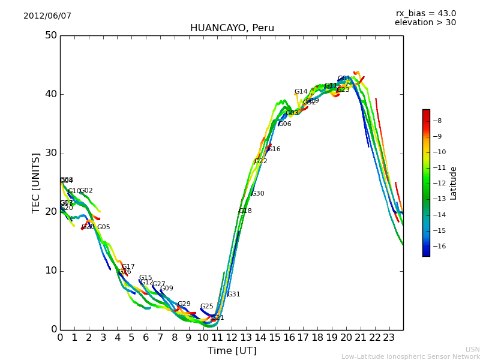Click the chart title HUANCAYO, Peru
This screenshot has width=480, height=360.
click(x=232, y=28)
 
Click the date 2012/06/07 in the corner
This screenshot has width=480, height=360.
click(x=47, y=16)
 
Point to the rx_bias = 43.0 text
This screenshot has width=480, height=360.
click(x=425, y=14)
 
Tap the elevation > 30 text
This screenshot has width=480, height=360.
click(x=425, y=23)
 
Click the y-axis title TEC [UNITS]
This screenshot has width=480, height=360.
click(x=36, y=182)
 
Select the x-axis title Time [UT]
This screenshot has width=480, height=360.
click(x=232, y=351)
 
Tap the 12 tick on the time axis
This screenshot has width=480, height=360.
click(x=232, y=338)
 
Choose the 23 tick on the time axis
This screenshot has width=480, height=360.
click(x=389, y=338)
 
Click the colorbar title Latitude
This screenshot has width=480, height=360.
click(x=454, y=183)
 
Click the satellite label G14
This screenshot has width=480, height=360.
click(x=301, y=92)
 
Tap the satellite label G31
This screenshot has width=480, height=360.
click(x=233, y=295)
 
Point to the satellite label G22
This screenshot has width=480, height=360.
click(x=261, y=161)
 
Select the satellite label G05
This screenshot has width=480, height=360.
click(x=104, y=227)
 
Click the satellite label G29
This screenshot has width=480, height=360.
click(x=184, y=304)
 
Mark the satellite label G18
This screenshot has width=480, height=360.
click(x=245, y=211)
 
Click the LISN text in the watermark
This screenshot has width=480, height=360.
click(x=473, y=349)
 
